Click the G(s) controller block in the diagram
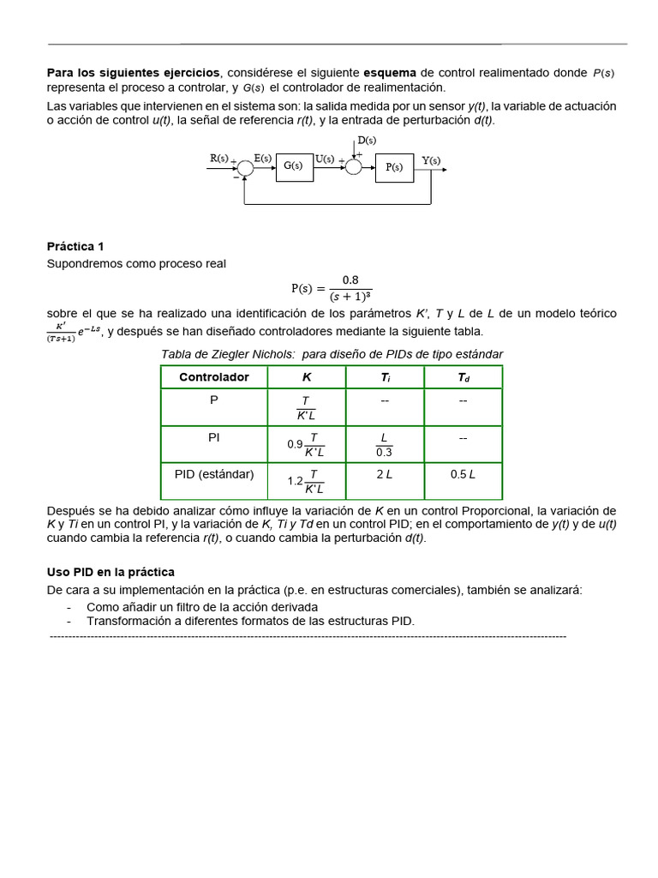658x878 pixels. [294, 166]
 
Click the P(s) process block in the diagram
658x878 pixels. [393, 167]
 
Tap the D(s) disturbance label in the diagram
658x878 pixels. [366, 140]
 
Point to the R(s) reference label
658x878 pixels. [219, 159]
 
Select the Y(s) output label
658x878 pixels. [432, 160]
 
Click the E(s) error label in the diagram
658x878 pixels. [263, 159]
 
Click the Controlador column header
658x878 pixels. [213, 377]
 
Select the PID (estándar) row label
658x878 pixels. [213, 473]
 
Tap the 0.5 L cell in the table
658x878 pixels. [463, 473]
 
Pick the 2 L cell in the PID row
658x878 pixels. [385, 473]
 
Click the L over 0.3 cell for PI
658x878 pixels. [385, 445]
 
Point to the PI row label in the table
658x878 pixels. [213, 436]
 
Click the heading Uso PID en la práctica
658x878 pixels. [111, 572]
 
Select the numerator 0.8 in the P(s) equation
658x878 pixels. [350, 280]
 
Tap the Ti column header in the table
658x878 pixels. [385, 377]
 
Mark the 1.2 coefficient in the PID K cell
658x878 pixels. [296, 481]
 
